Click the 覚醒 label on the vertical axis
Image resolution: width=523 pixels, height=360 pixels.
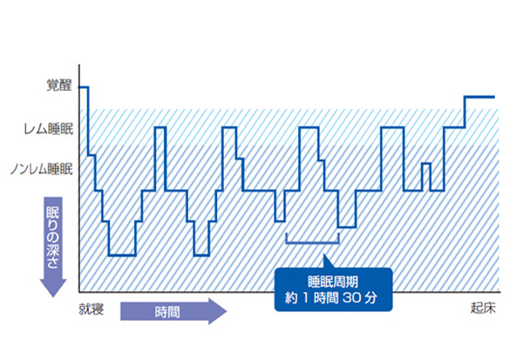[x=59, y=85]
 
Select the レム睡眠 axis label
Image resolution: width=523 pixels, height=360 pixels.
[x=48, y=129]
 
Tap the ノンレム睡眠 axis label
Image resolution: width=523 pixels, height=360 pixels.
[x=42, y=169]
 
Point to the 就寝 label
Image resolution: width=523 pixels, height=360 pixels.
[x=91, y=309]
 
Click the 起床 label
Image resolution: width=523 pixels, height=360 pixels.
[x=483, y=308]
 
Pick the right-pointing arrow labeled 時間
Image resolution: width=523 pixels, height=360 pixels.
[x=173, y=311]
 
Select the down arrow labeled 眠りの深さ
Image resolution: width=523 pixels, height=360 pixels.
[x=53, y=247]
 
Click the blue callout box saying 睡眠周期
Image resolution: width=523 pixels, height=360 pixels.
[x=333, y=289]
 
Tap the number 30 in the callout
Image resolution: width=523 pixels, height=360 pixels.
[x=352, y=297]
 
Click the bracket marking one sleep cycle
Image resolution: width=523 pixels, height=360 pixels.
[x=313, y=242]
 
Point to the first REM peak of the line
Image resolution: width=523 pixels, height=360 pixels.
[x=160, y=127]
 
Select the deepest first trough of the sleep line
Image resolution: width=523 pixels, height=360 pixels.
[x=122, y=255]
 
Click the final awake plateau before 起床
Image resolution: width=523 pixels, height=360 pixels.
[x=479, y=97]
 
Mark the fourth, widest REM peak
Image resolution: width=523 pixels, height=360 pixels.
[x=392, y=127]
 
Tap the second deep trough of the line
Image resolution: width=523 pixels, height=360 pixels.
[x=201, y=255]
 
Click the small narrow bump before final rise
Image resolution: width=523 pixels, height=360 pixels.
[x=426, y=164]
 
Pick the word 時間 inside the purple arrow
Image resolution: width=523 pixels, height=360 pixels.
[x=167, y=312]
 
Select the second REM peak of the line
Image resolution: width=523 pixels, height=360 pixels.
[x=229, y=127]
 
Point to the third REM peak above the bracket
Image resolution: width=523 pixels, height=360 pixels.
[x=309, y=127]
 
